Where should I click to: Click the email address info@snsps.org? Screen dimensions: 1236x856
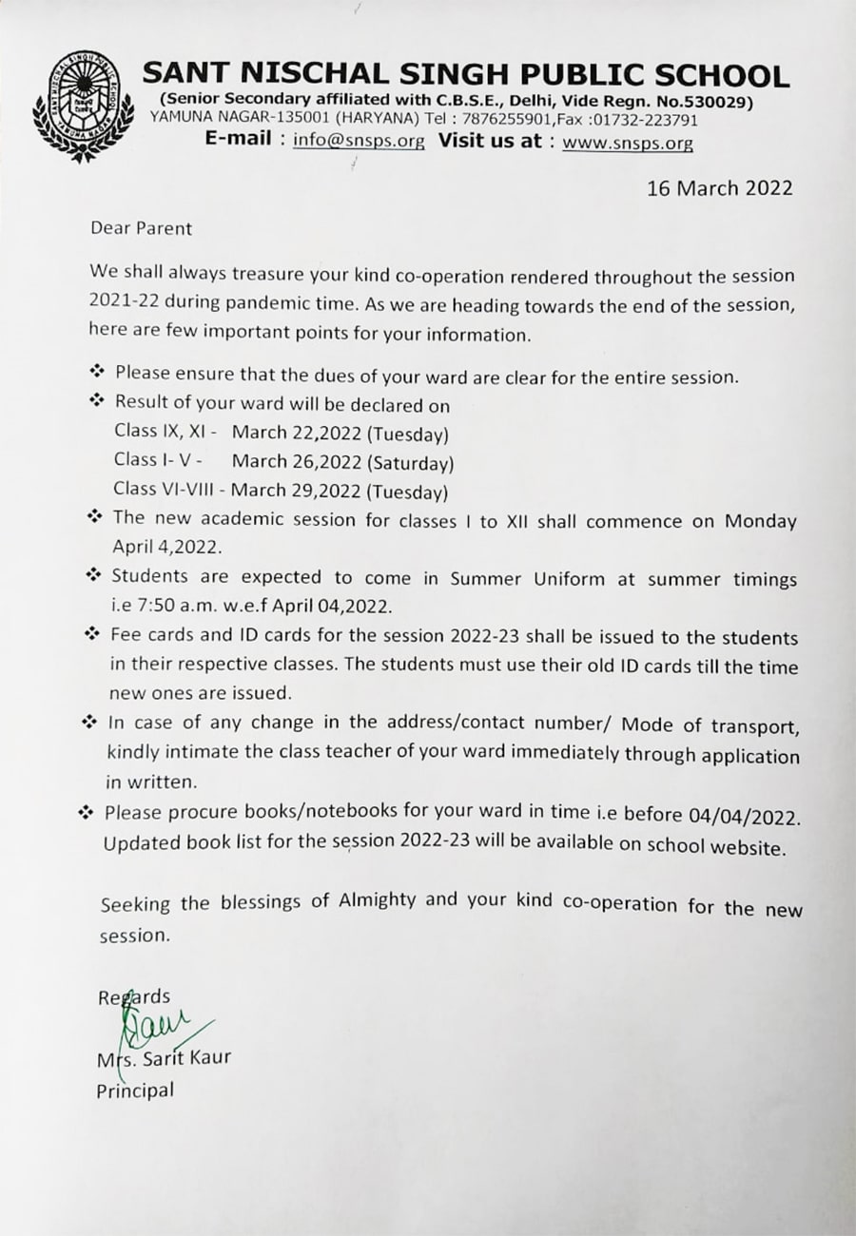point(359,142)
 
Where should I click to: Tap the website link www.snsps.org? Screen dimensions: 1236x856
point(628,143)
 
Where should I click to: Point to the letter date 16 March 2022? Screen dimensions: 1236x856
point(719,188)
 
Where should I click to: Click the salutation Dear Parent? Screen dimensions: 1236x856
point(141,228)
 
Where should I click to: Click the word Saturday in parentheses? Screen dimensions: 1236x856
point(409,464)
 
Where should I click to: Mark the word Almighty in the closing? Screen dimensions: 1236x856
point(377,900)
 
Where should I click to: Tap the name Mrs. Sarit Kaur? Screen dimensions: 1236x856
point(164,1058)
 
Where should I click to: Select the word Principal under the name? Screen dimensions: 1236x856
point(135,1091)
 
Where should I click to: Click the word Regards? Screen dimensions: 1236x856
point(134,997)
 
